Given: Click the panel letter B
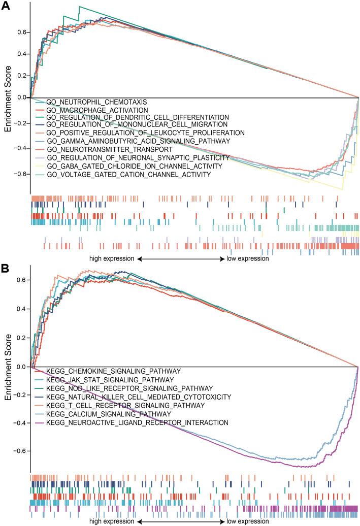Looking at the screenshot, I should click(x=6, y=267).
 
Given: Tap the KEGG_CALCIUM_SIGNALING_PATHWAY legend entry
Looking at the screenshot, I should click(x=107, y=414).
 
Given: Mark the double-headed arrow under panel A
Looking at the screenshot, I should click(x=180, y=258).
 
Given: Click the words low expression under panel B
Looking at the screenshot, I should click(x=247, y=521).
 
